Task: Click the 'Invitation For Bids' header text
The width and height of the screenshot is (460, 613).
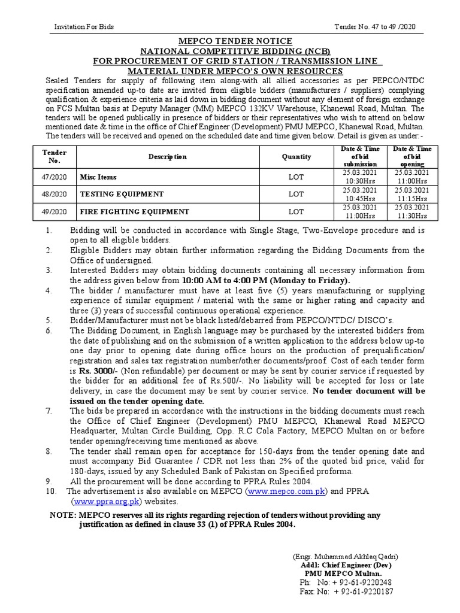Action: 84,27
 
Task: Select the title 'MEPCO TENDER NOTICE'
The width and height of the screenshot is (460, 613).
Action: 229,41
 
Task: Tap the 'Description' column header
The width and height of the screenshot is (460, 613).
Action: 168,157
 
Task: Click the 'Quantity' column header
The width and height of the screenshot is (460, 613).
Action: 296,157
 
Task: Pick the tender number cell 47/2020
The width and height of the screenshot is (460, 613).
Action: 56,177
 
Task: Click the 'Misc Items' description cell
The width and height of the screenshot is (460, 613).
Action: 99,177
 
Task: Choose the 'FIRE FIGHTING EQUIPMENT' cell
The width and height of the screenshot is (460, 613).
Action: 135,212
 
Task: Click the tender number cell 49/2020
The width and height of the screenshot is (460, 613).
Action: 56,212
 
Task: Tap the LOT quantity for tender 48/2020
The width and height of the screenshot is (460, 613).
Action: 296,195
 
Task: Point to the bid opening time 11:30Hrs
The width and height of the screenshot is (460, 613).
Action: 413,216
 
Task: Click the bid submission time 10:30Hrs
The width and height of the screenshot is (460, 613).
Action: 360,181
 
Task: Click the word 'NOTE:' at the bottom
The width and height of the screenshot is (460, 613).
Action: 61,515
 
